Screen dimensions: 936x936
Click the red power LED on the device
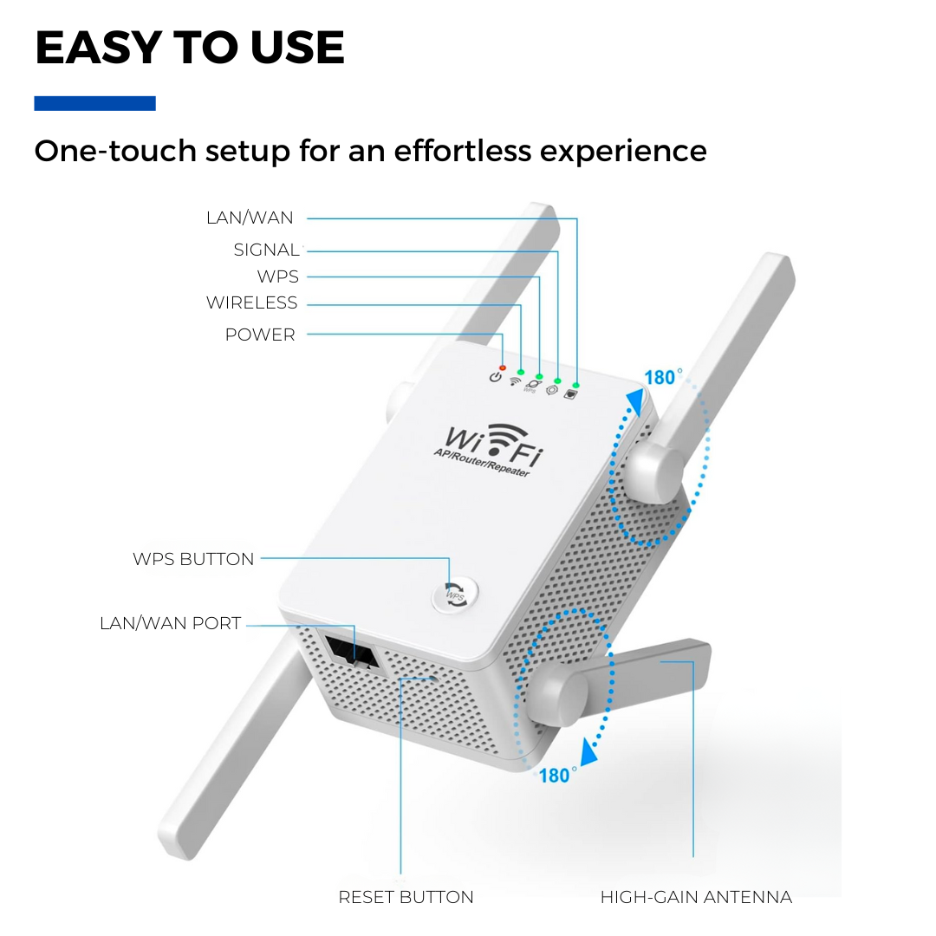[x=503, y=367]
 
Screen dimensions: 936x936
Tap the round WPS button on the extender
[x=455, y=595]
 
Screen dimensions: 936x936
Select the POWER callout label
[x=260, y=335]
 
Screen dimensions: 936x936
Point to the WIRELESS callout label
[x=252, y=302]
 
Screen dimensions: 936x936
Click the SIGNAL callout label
[x=266, y=250]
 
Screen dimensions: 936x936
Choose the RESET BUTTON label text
[x=406, y=897]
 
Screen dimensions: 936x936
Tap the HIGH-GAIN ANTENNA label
[x=696, y=897]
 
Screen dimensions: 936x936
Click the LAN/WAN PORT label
[x=170, y=623]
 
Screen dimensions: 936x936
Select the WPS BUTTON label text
[x=193, y=559]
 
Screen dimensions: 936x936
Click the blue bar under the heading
[x=95, y=103]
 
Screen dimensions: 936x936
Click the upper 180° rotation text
[x=663, y=377]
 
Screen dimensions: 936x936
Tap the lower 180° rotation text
[x=557, y=776]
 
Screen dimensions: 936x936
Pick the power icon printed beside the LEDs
[x=496, y=377]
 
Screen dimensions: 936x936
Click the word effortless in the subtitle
[x=463, y=151]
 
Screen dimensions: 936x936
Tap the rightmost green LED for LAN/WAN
[x=576, y=386]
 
